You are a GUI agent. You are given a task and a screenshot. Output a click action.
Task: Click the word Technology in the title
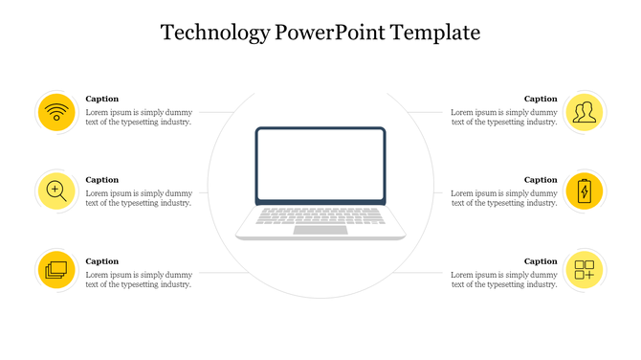click(215, 34)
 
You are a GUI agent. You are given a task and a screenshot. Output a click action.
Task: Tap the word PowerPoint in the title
click(324, 34)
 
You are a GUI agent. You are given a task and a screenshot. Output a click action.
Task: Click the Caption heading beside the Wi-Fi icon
click(102, 99)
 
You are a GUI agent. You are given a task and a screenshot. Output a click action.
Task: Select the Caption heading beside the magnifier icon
click(102, 180)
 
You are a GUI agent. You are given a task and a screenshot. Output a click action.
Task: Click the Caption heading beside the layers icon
click(102, 261)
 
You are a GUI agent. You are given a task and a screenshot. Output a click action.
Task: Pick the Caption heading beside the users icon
click(541, 99)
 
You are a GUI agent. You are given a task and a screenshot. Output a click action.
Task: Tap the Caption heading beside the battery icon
click(541, 180)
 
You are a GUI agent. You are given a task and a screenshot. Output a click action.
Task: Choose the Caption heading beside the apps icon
click(541, 261)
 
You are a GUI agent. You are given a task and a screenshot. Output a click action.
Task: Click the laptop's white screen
click(320, 165)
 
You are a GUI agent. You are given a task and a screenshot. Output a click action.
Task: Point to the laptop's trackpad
click(320, 230)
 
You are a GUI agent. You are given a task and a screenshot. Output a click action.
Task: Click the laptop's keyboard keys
click(320, 215)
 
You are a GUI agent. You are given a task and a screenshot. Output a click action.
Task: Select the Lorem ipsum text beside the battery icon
click(504, 198)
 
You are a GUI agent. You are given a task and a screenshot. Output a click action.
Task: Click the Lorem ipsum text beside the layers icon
click(139, 280)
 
